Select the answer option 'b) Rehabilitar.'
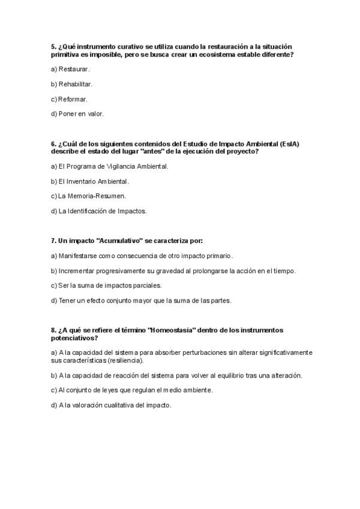click(x=71, y=84)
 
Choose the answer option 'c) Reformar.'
click(x=69, y=98)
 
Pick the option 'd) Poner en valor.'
click(x=77, y=113)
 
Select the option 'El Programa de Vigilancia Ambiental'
click(x=110, y=166)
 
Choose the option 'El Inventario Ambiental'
click(x=90, y=181)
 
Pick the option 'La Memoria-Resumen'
click(x=88, y=196)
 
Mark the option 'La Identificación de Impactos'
click(x=99, y=211)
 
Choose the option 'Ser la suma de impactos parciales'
click(x=106, y=285)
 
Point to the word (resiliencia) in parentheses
click(x=123, y=360)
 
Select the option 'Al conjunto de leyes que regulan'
click(x=132, y=390)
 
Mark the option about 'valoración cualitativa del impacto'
click(x=111, y=405)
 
